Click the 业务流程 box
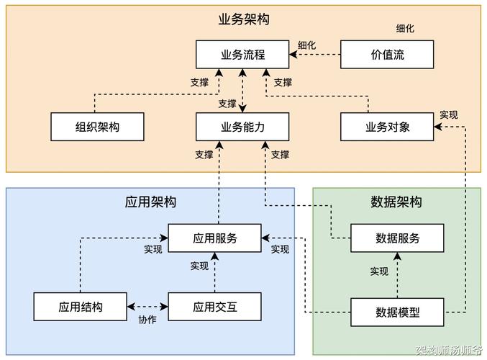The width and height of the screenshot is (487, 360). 242,55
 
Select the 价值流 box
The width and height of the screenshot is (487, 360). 387,55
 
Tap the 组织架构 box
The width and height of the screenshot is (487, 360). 97,127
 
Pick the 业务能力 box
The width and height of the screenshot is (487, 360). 242,127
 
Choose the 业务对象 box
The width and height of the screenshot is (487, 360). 387,127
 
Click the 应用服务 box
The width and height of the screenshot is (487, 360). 214,238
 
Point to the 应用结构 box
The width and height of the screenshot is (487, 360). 80,307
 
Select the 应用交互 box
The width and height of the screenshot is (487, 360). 214,307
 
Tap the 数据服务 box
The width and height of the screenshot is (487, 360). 397,238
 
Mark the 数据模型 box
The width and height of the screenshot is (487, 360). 397,312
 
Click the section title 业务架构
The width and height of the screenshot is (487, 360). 243,19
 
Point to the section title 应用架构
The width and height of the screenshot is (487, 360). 150,202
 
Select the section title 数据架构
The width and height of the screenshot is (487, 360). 396,202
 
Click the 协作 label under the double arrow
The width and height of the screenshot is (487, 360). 147,320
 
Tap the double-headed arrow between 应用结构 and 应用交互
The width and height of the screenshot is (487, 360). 147,307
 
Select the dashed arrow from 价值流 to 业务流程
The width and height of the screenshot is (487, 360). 314,55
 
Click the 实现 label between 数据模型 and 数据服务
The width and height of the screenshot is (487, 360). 379,271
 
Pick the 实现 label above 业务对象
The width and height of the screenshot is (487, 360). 448,114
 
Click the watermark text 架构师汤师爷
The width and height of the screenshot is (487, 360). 449,351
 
